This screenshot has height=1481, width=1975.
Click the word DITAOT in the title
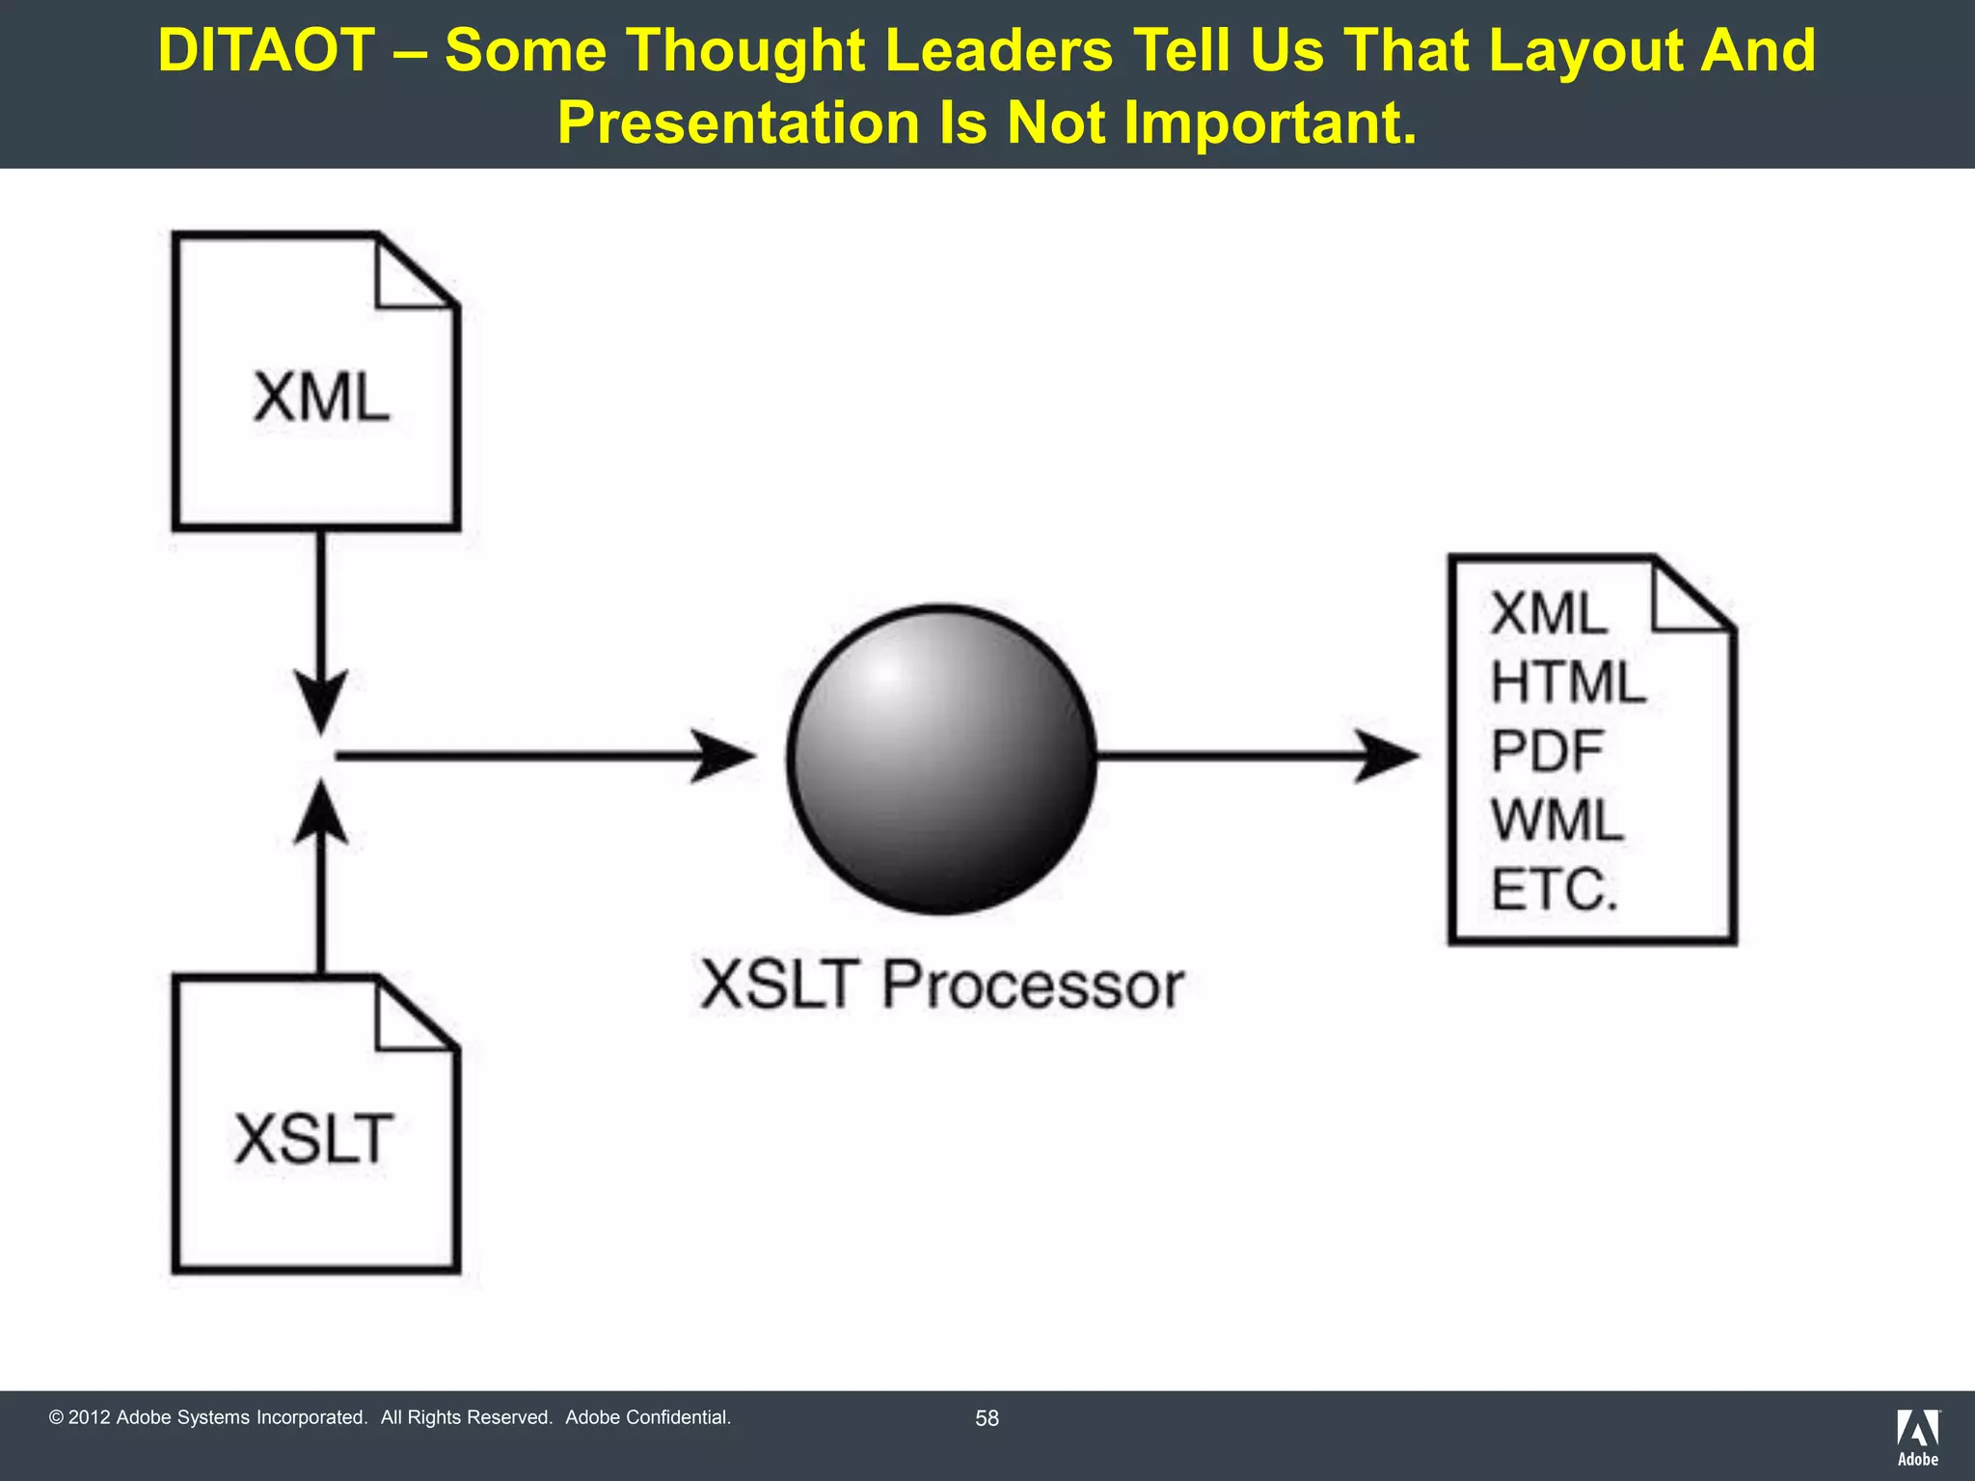pyautogui.click(x=266, y=50)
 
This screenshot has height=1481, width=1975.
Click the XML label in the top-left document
pyautogui.click(x=321, y=397)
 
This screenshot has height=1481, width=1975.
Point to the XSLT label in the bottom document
pyautogui.click(x=314, y=1139)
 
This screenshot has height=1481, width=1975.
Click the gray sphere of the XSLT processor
pyautogui.click(x=941, y=759)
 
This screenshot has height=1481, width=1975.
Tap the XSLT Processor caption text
pyautogui.click(x=941, y=985)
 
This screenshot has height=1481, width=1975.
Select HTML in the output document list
pyautogui.click(x=1568, y=683)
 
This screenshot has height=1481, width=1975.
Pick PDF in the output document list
pyautogui.click(x=1547, y=751)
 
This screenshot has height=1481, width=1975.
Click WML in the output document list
pyautogui.click(x=1557, y=821)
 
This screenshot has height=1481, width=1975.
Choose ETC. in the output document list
pyautogui.click(x=1554, y=890)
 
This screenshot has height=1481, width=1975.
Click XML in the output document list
pyautogui.click(x=1549, y=613)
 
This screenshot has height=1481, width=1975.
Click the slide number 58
pyautogui.click(x=987, y=1418)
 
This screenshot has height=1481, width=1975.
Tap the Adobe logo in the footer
pyautogui.click(x=1917, y=1437)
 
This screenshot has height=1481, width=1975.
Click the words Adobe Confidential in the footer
pyautogui.click(x=648, y=1417)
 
